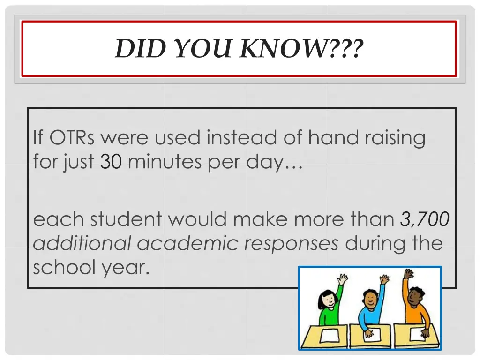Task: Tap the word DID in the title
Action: pyautogui.click(x=136, y=48)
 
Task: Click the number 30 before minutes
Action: pyautogui.click(x=111, y=162)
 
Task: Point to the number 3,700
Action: pyautogui.click(x=425, y=219)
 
